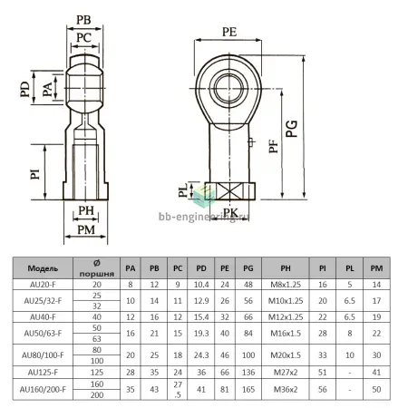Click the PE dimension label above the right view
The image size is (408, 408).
point(229,32)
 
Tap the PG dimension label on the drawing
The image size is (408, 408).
point(292,129)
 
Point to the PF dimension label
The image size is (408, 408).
point(274,146)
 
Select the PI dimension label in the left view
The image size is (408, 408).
point(35,174)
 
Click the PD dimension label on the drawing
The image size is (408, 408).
point(25,89)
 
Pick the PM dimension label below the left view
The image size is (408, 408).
point(86,230)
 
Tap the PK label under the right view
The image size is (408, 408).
point(230,212)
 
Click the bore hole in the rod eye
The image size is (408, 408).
point(228,88)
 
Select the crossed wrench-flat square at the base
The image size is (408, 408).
point(229,191)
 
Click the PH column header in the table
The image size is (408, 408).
point(286,268)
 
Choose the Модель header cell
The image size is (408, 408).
point(43,268)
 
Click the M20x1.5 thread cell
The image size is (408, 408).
point(286,355)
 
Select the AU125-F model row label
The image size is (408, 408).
point(43,373)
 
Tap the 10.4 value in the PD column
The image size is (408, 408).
point(201,285)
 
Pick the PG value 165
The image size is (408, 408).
point(248,389)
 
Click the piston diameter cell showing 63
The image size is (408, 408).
point(97,339)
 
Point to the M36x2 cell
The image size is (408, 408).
point(286,389)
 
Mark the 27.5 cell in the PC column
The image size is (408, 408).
point(178,390)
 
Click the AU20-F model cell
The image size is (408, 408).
point(43,285)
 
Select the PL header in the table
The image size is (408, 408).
point(350,268)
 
